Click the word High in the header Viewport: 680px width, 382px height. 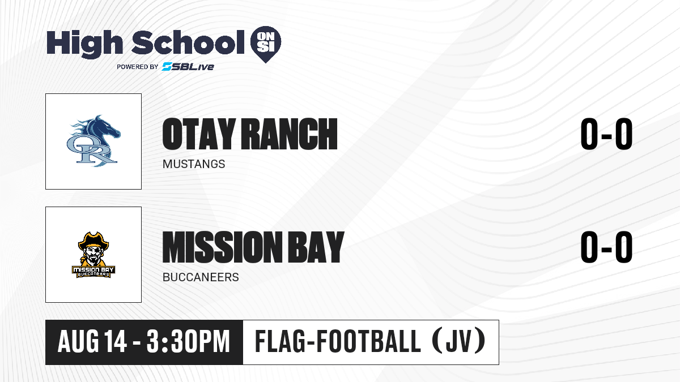(x=84, y=44)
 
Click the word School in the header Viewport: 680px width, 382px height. (x=188, y=42)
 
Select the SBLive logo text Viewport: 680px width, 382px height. (x=188, y=66)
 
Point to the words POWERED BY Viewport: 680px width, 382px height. (x=138, y=67)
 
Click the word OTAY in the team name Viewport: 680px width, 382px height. (x=199, y=134)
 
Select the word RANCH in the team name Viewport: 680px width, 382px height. (x=289, y=134)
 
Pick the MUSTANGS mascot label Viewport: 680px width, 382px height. (x=194, y=164)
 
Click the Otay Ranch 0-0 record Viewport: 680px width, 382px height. (x=606, y=134)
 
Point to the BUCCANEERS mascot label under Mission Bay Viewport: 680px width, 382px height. (x=201, y=277)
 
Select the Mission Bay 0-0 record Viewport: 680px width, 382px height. (x=606, y=247)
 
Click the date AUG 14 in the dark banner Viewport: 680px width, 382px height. (x=92, y=341)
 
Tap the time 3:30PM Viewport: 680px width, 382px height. (x=188, y=341)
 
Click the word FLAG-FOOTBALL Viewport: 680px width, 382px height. (x=338, y=341)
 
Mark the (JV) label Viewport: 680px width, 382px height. (x=459, y=341)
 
